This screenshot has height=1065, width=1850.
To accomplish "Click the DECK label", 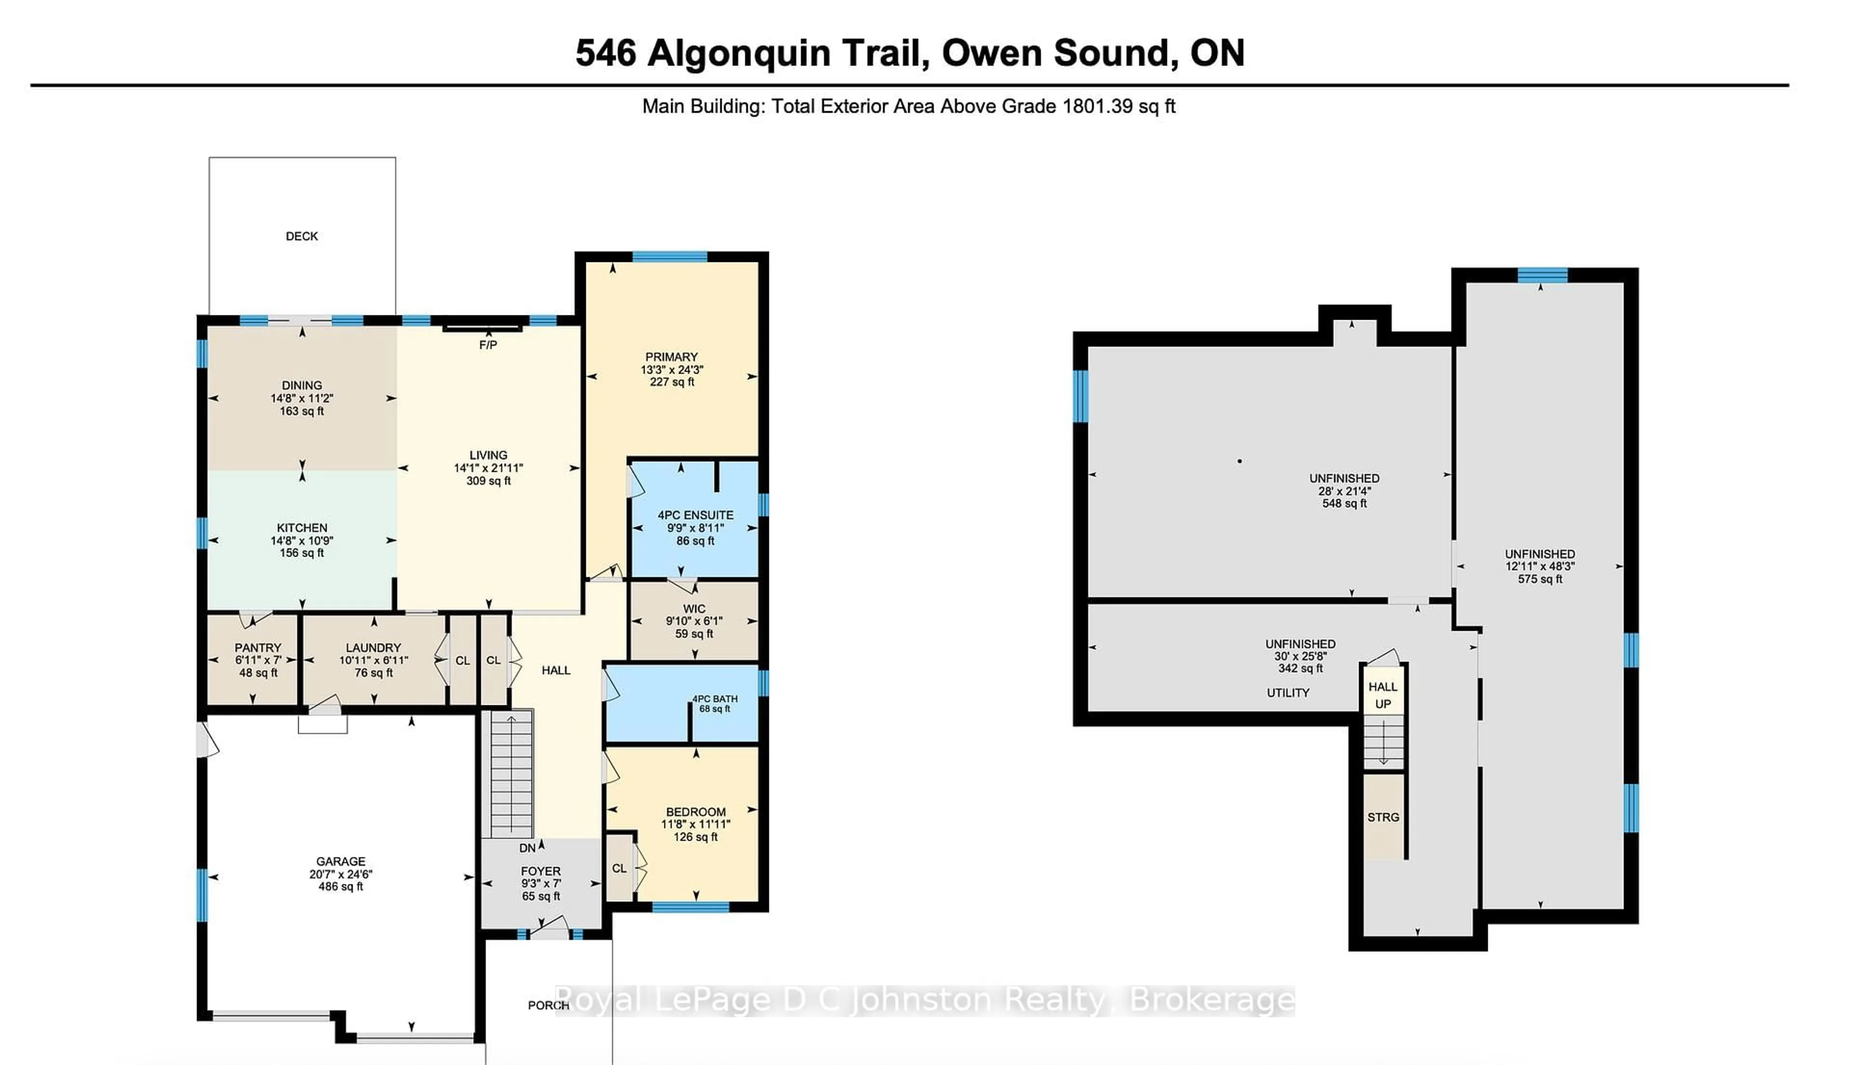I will [x=302, y=236].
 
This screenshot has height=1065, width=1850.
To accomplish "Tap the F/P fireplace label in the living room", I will [x=488, y=345].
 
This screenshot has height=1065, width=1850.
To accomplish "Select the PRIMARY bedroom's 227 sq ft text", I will [x=672, y=382].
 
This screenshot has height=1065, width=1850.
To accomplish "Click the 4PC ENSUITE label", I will [x=695, y=515].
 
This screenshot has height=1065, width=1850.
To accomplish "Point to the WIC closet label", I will [x=694, y=609].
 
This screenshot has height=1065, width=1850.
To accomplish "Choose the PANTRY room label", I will [x=258, y=648].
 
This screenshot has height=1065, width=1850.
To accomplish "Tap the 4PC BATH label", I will [x=715, y=699].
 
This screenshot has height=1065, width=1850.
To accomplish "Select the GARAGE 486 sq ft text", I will [x=340, y=886].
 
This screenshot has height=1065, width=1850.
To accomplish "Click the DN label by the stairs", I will [x=527, y=848].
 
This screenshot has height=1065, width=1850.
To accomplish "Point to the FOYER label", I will [x=541, y=871].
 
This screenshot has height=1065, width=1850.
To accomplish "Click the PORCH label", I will [x=548, y=1005].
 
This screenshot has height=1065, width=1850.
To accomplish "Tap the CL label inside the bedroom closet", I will [x=619, y=868].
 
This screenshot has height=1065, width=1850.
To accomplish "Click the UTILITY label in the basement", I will [x=1288, y=693].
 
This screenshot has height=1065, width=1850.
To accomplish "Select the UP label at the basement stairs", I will [x=1382, y=704].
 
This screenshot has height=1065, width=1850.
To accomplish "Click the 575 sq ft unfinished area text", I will [x=1540, y=579].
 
